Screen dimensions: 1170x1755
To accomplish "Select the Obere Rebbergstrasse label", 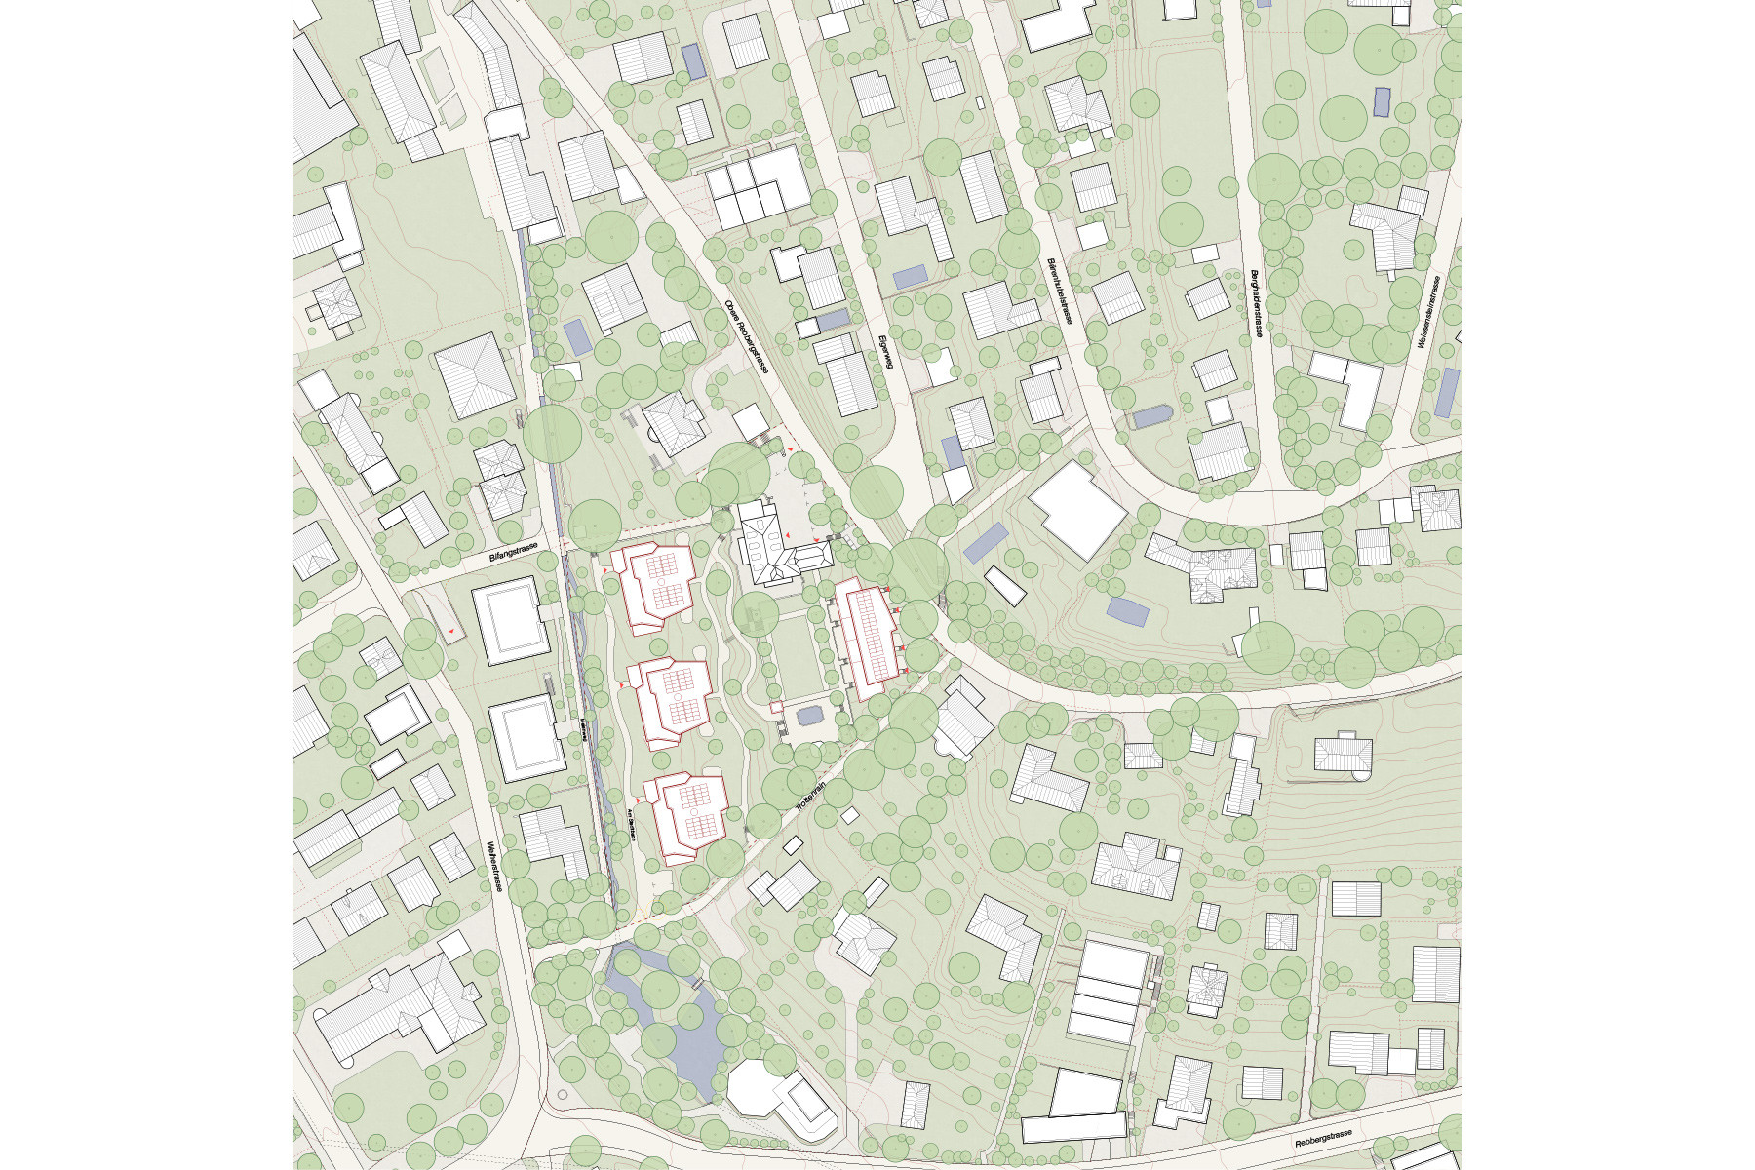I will tap(748, 336).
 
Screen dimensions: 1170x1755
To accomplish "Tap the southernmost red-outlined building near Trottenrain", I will tap(690, 815).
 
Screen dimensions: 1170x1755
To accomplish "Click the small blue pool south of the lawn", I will tap(809, 716).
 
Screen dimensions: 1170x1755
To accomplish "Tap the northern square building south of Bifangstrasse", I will tap(505, 620).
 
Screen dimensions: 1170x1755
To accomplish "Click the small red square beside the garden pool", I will tap(776, 706).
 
